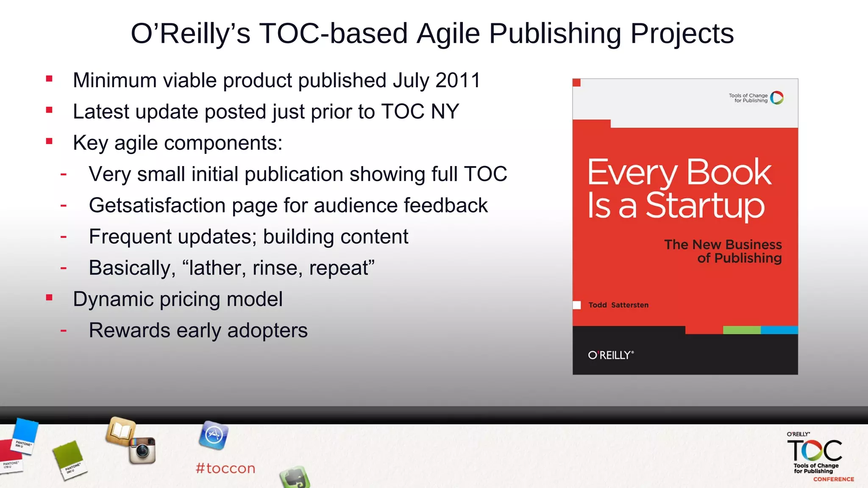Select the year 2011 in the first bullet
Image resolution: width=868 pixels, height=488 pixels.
click(458, 80)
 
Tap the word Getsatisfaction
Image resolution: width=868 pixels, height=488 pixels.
click(157, 206)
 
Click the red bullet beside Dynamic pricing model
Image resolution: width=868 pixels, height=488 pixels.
click(49, 298)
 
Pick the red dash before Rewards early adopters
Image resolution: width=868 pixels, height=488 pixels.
click(64, 330)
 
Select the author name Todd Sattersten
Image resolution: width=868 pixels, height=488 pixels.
click(618, 305)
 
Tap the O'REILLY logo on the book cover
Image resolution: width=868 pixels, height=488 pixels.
click(611, 355)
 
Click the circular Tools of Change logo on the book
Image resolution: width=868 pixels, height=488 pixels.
click(777, 98)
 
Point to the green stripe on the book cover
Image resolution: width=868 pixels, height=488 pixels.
click(742, 330)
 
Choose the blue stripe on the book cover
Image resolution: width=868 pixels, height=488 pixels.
click(779, 330)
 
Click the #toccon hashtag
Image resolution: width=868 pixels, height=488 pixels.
click(225, 469)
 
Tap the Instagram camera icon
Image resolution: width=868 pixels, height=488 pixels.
click(143, 450)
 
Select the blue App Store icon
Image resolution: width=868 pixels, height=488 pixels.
click(214, 435)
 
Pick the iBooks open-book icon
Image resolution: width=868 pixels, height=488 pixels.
click(121, 431)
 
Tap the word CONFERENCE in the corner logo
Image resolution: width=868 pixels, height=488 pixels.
click(833, 479)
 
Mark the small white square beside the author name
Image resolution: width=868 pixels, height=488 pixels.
click(577, 305)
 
